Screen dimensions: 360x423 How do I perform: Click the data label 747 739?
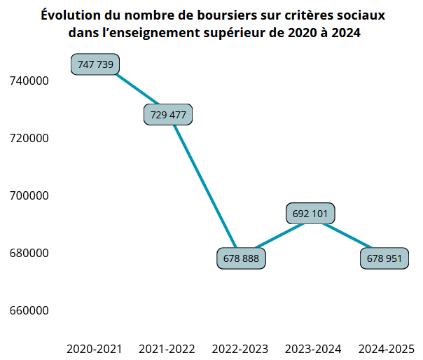[x=95, y=64]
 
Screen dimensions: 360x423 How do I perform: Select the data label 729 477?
[x=168, y=115]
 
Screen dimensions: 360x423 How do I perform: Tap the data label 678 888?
[x=241, y=258]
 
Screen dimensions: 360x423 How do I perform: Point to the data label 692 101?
[x=311, y=213]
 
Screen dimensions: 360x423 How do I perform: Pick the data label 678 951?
[x=384, y=258]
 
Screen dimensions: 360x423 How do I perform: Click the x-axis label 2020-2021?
[x=95, y=349]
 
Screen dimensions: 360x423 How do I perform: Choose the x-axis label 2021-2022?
[x=167, y=349]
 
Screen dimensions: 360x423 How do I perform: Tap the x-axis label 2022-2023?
[x=240, y=349]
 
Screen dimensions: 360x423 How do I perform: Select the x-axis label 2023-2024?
[x=313, y=349]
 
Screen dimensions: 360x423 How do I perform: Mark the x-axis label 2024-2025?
[x=386, y=349]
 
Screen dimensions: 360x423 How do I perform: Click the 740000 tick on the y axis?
[x=29, y=81]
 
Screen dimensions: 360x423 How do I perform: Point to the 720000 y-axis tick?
[x=29, y=139]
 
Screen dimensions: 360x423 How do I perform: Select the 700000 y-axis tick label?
[x=29, y=196]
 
